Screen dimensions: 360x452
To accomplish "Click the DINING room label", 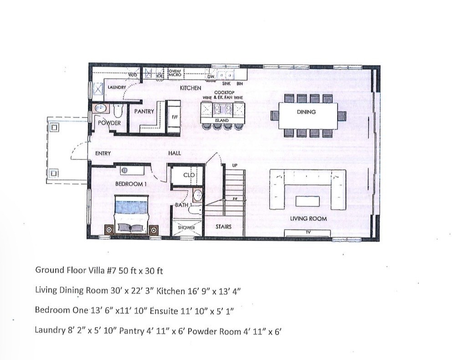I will coord(306,112).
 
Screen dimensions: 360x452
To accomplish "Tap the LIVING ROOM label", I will coord(308,219).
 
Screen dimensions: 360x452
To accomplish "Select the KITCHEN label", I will coord(190,87).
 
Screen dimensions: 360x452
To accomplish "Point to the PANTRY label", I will coord(144,111).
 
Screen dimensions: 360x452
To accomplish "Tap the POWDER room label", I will coord(110,123).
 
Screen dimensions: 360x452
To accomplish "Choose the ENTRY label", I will coord(103,154).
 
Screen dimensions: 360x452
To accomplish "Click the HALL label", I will coord(175,154).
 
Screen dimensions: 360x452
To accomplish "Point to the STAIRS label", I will coord(223,226).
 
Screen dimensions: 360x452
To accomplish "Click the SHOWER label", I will coord(186,227).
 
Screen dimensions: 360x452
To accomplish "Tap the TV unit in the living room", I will coord(308,232).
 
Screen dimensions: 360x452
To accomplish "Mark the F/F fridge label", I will coord(174,117).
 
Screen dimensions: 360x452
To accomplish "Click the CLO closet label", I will coord(189,175).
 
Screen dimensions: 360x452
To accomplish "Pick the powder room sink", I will coord(101,108).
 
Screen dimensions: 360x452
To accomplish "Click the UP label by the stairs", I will coord(235,165).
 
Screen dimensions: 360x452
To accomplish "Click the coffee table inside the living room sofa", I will coord(308,201).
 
